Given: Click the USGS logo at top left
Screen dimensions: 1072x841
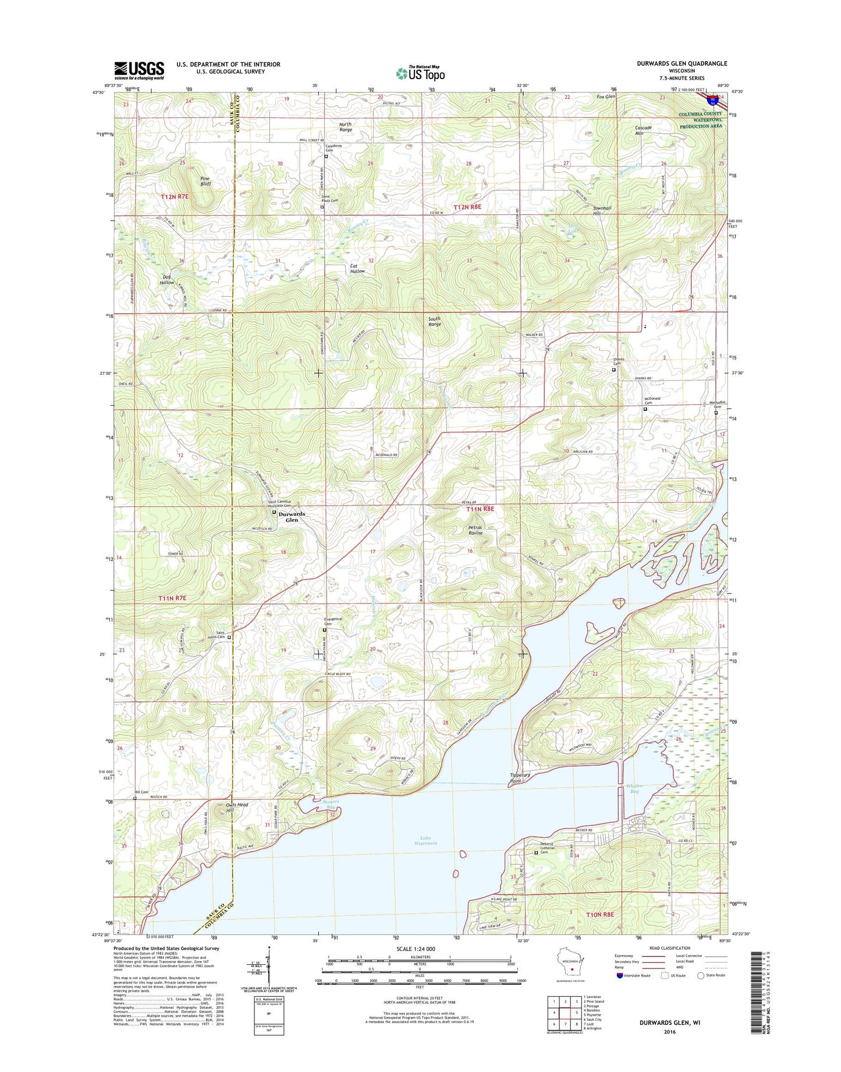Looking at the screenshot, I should (139, 70).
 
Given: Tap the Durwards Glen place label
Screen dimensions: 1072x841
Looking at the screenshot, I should (292, 517).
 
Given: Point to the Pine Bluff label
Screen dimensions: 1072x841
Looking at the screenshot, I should (205, 181).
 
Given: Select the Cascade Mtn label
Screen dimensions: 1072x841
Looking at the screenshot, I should (643, 130).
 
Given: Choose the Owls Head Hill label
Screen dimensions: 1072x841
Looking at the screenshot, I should (237, 807).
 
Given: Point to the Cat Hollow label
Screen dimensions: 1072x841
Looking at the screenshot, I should (357, 268).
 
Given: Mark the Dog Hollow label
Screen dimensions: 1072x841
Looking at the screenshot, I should (167, 279).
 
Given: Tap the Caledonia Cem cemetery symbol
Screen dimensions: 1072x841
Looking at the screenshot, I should (326, 156).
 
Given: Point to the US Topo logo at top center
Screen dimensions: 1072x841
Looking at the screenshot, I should (420, 73).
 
